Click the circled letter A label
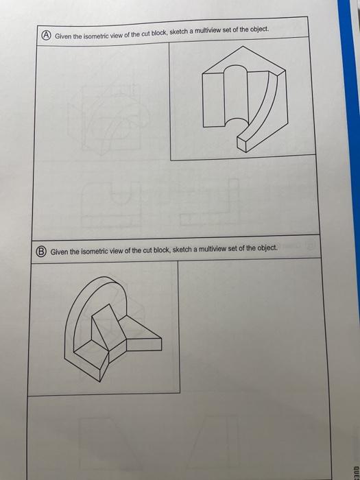click(x=45, y=35)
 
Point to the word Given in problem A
click(x=64, y=36)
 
